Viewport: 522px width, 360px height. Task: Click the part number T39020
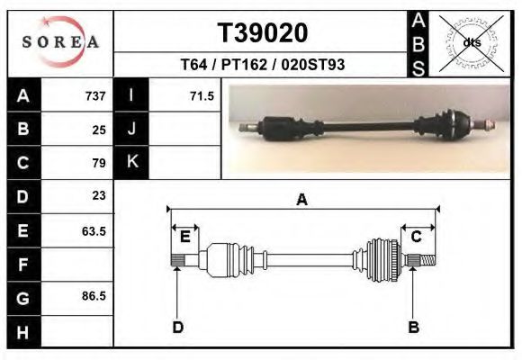click(263, 33)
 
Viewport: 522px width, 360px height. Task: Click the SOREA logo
click(60, 42)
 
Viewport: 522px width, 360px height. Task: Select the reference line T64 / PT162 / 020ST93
click(262, 64)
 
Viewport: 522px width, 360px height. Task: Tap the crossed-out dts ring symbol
click(472, 43)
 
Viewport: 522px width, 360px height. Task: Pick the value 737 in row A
click(95, 96)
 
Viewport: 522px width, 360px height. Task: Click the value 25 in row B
click(99, 130)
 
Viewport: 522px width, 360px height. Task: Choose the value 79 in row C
click(99, 163)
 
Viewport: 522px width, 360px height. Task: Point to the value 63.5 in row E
click(94, 230)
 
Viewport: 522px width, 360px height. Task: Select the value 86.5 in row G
click(94, 296)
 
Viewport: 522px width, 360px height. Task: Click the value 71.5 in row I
click(202, 96)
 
